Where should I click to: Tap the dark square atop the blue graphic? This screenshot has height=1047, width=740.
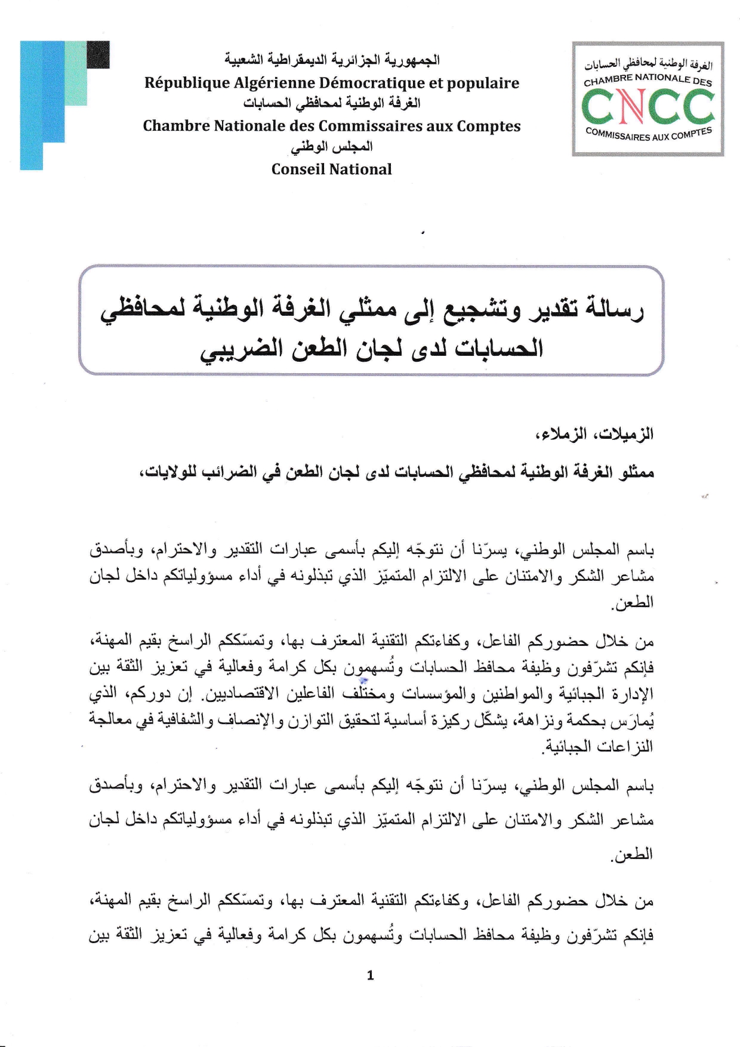98,55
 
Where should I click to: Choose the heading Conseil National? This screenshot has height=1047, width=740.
331,169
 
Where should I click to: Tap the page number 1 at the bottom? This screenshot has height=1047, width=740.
370,975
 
